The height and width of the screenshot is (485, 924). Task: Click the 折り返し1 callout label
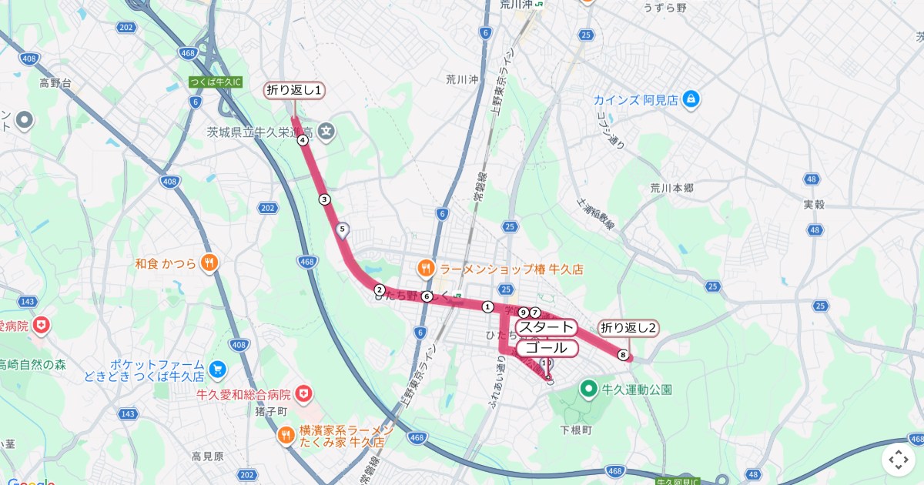(x=294, y=90)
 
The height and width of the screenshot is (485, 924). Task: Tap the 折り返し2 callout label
(x=628, y=328)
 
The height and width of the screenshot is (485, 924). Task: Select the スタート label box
(x=547, y=328)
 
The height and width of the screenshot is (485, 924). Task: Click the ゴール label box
(x=547, y=349)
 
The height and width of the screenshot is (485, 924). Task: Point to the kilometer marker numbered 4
(x=303, y=140)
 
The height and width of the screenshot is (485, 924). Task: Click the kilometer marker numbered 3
(x=324, y=199)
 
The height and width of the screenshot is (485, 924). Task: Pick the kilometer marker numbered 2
(x=379, y=289)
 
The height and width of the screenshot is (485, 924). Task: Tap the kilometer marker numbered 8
(x=622, y=355)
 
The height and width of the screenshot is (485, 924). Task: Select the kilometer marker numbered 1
(x=487, y=307)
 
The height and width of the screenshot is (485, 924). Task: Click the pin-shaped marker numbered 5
(x=343, y=229)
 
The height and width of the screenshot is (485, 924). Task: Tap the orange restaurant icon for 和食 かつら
(x=209, y=263)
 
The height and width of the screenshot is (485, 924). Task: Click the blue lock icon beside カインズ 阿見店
(x=691, y=99)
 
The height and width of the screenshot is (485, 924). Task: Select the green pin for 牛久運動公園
(x=589, y=390)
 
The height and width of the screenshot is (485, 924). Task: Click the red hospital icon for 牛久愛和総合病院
(x=305, y=394)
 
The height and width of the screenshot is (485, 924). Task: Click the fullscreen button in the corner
(x=899, y=460)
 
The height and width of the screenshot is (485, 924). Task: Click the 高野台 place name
(x=55, y=82)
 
